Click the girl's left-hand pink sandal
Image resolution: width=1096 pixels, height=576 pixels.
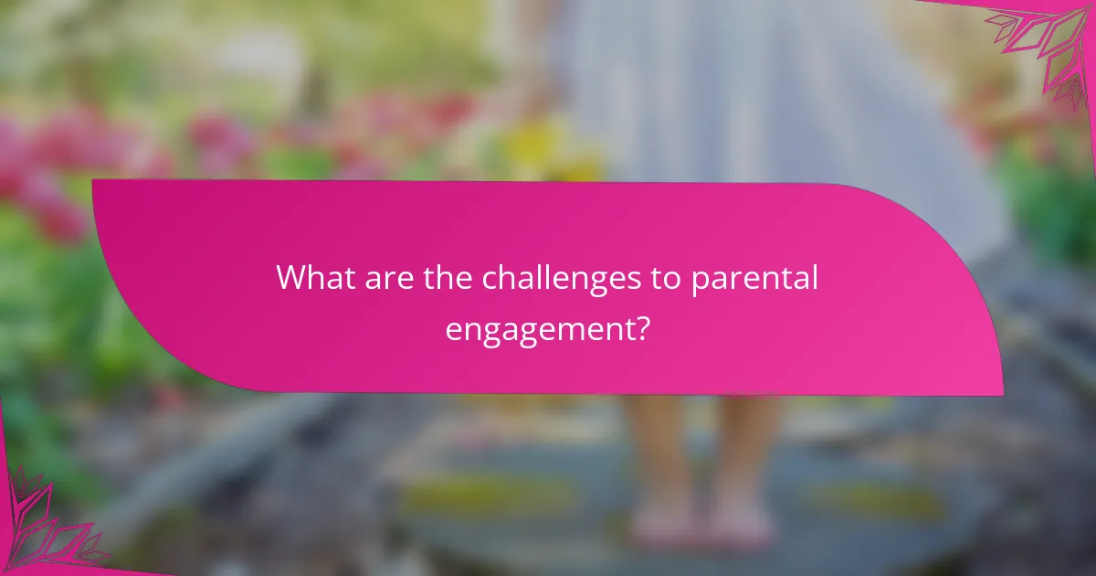[x=657, y=528]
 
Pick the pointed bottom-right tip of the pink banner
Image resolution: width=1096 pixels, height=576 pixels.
[x=1002, y=395]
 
